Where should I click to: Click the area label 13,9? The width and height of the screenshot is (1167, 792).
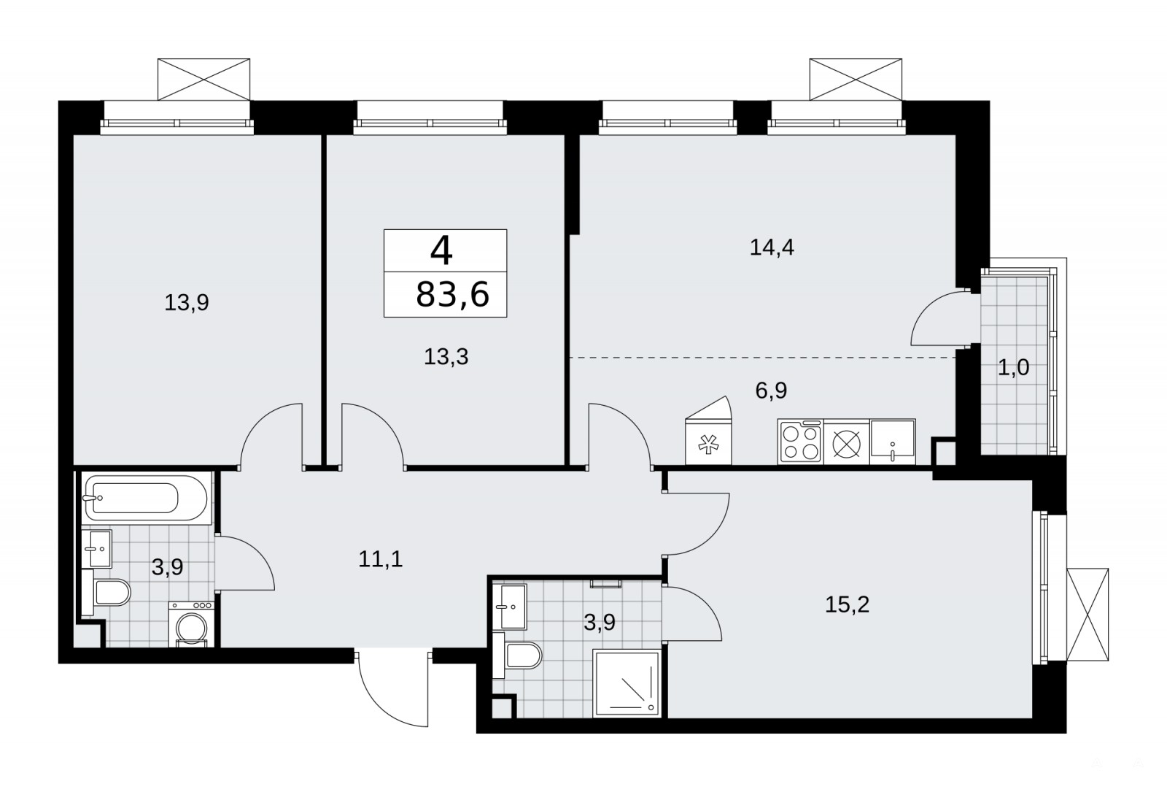(x=187, y=302)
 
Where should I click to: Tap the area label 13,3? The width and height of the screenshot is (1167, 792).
(x=446, y=357)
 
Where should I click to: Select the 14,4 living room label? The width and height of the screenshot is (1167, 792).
(x=772, y=247)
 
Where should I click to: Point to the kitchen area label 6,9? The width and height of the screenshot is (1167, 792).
(x=771, y=390)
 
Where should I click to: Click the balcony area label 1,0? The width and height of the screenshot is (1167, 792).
(x=1014, y=368)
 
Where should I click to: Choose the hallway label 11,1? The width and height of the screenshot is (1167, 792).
(x=380, y=559)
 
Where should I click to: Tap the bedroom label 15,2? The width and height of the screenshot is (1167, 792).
(x=847, y=605)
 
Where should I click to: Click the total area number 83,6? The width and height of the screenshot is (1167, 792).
(x=452, y=294)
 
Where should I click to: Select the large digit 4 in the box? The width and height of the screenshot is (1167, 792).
(x=441, y=250)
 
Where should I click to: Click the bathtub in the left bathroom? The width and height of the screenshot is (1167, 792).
(x=147, y=498)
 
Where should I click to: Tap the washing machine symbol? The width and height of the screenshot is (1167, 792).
(x=191, y=624)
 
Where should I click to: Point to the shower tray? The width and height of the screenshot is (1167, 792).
(x=627, y=683)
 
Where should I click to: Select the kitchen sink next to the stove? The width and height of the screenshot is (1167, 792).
(x=893, y=442)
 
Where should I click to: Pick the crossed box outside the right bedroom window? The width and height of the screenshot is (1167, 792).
(x=1087, y=615)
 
